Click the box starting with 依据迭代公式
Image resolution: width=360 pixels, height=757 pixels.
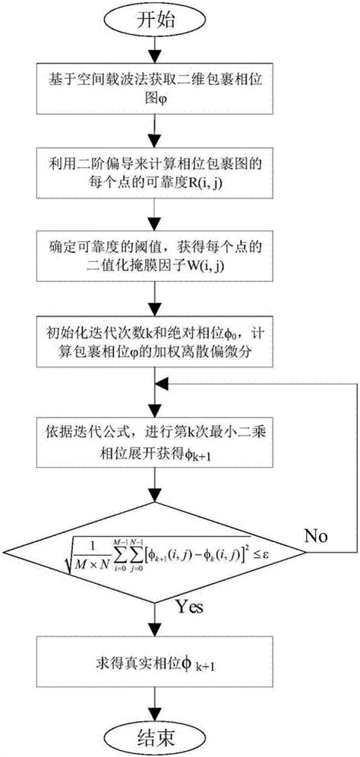click(x=156, y=439)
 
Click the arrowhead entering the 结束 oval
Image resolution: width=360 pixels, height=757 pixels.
click(x=156, y=710)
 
